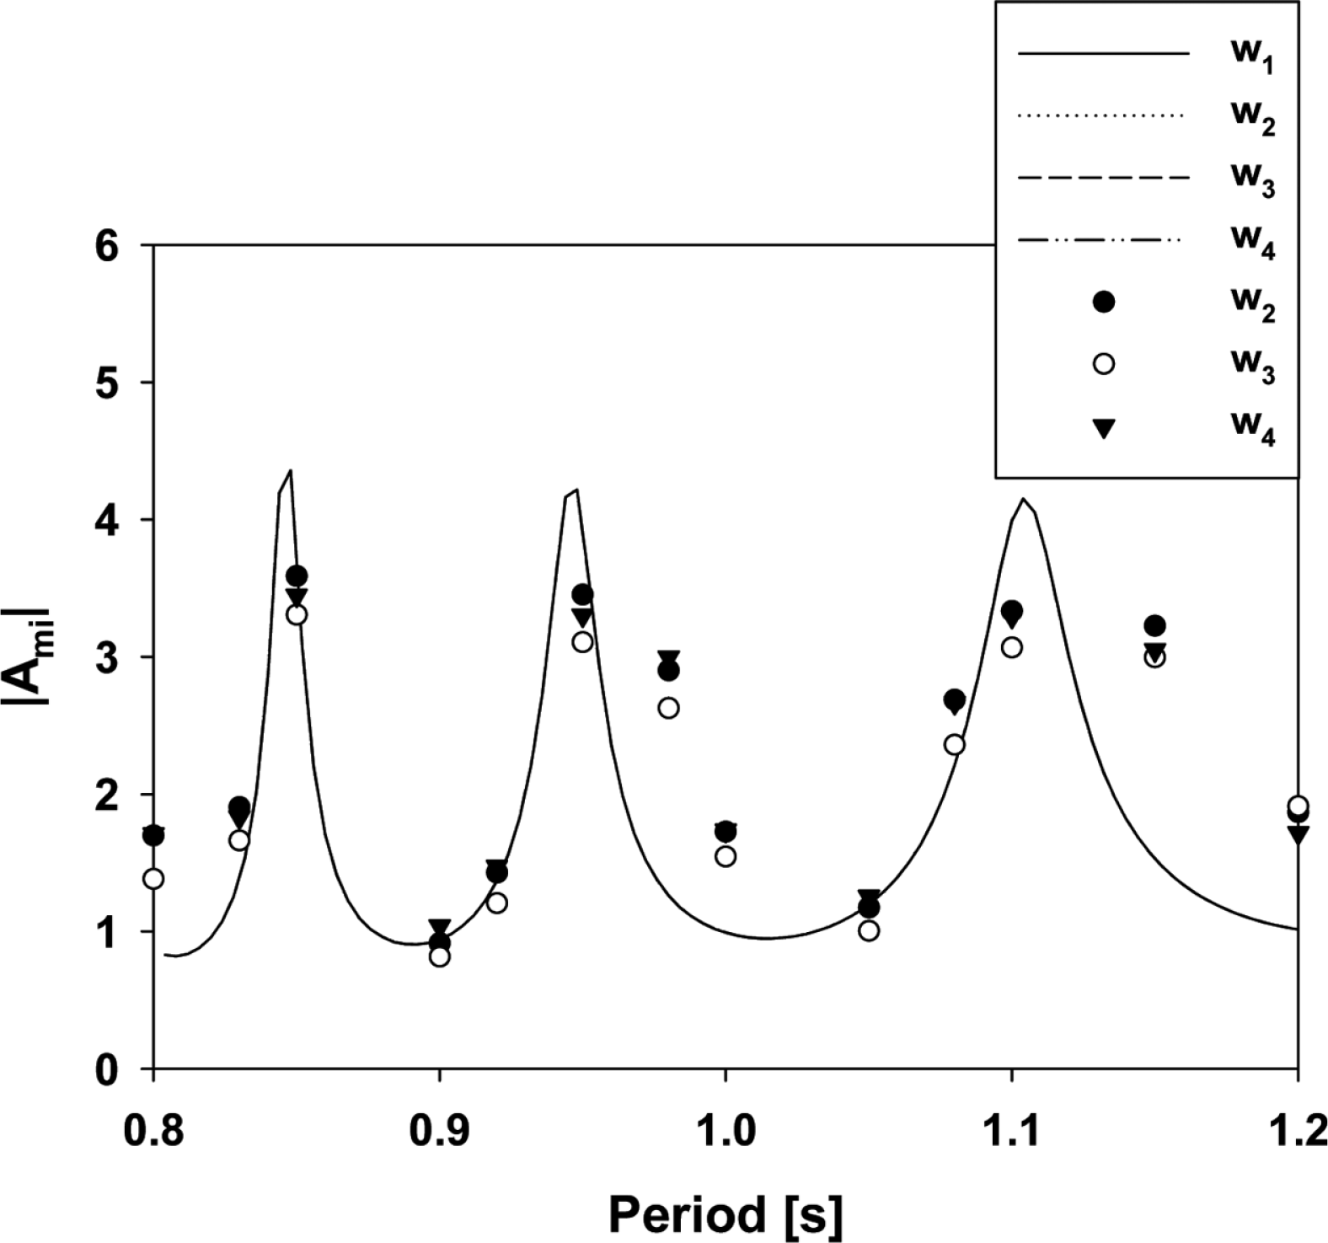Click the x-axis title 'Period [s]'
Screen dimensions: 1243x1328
725,1215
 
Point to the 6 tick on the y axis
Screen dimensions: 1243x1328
118,245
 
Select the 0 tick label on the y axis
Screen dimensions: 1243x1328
118,1069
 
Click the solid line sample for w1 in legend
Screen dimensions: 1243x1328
1103,55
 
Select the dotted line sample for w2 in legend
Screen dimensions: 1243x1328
1103,115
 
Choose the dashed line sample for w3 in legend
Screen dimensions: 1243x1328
1103,179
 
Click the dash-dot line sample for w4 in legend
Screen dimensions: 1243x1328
1103,241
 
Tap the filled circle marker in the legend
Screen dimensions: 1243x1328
1103,302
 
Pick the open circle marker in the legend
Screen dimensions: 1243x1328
1103,364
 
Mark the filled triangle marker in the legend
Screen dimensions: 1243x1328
1103,429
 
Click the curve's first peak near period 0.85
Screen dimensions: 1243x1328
290,471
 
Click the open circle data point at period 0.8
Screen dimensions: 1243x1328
153,879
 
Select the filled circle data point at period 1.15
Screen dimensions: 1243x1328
1155,625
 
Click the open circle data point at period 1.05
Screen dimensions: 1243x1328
869,931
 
